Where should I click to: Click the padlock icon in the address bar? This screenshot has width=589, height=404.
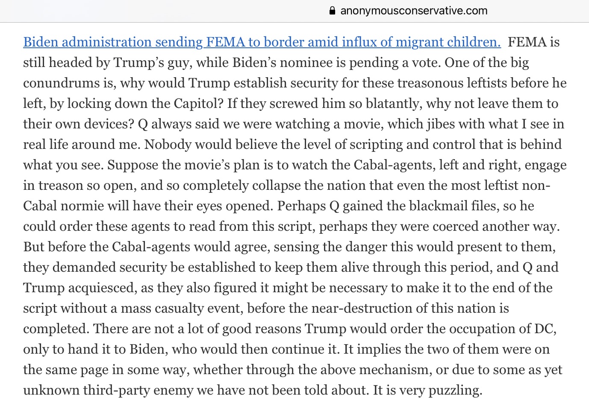(332, 11)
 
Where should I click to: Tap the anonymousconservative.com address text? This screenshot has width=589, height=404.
(414, 11)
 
